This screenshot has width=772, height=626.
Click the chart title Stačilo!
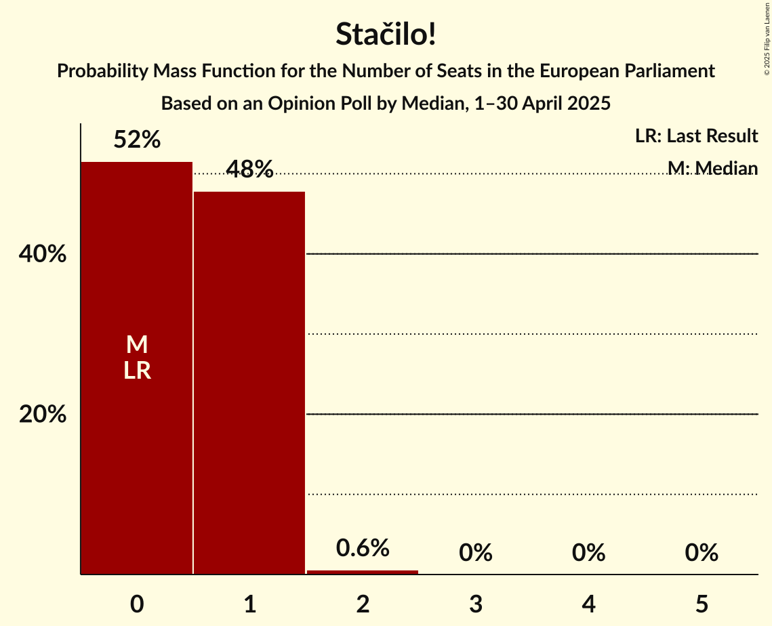tap(386, 35)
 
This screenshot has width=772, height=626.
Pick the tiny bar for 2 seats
tap(363, 572)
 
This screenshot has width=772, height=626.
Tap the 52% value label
tap(137, 140)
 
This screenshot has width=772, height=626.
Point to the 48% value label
tap(249, 169)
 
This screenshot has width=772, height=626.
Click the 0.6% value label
tap(363, 547)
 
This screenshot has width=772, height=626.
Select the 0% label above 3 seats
tap(475, 553)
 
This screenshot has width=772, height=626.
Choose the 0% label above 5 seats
tap(701, 553)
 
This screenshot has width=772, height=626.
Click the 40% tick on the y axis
tap(43, 255)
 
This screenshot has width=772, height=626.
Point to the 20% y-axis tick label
tap(43, 415)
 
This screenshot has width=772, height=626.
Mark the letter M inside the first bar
tap(137, 345)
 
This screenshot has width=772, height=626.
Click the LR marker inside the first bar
tap(137, 371)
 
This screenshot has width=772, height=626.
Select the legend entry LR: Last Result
tap(696, 136)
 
